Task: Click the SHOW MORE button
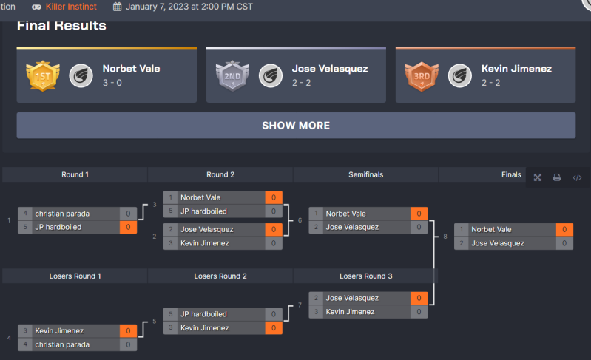click(x=296, y=126)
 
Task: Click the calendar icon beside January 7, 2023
click(x=118, y=7)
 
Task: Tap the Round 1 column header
click(x=75, y=175)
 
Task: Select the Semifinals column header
click(x=365, y=175)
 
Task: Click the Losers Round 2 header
click(x=220, y=276)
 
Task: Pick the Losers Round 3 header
click(x=365, y=276)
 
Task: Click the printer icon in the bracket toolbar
click(x=557, y=177)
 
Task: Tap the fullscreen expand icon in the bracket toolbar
click(x=538, y=177)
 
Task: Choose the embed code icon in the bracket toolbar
click(x=577, y=177)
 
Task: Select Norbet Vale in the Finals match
click(x=491, y=230)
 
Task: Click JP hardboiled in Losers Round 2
click(x=203, y=314)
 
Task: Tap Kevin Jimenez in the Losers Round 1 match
click(x=59, y=331)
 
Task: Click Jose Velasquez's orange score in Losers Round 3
click(x=419, y=298)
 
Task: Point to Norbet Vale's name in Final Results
click(x=131, y=69)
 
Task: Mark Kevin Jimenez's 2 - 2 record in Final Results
click(x=491, y=82)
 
